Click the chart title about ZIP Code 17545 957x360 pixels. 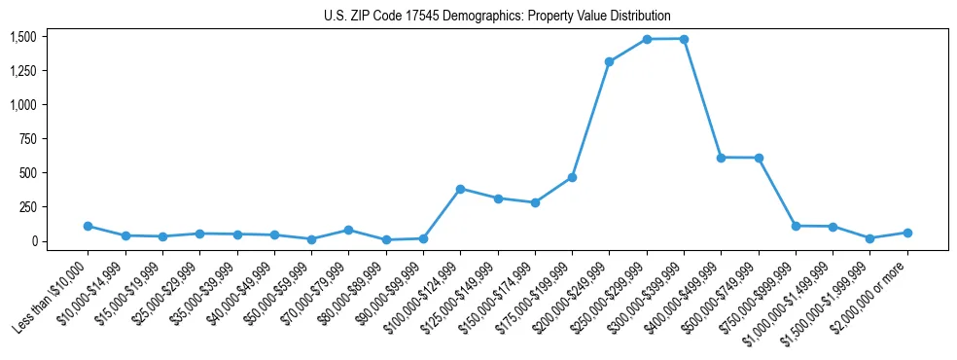click(x=497, y=17)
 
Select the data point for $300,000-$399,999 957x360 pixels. click(x=684, y=39)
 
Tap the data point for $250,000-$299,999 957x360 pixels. click(x=647, y=39)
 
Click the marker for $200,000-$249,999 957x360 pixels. click(x=609, y=61)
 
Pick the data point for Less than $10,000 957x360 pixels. click(x=88, y=226)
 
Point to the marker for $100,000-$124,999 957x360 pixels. click(x=460, y=189)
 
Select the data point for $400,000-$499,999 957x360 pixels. click(x=721, y=158)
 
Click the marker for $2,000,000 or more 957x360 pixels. click(x=907, y=233)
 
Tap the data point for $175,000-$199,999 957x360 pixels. click(x=572, y=177)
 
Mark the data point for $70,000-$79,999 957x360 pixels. click(x=348, y=230)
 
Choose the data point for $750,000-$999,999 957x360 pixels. click(x=796, y=226)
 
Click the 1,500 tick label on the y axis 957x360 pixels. click(x=22, y=37)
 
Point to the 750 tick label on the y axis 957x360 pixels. click(x=27, y=139)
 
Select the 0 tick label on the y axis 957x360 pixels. click(x=32, y=241)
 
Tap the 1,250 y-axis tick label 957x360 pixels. click(x=22, y=71)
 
